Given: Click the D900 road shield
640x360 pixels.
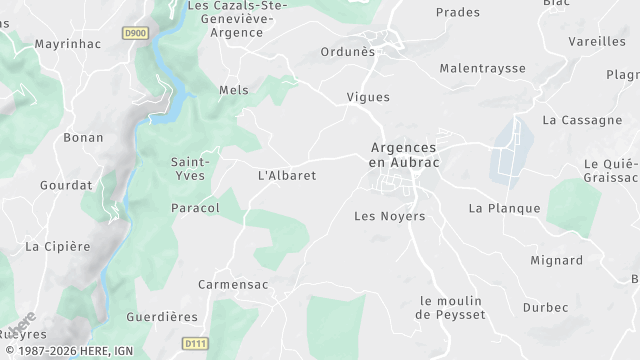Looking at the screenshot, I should coord(134,33).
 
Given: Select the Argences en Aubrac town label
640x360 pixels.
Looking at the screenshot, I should coord(404,154).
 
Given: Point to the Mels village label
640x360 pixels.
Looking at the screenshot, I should coord(233,90).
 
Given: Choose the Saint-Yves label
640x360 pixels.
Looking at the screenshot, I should coord(189,168).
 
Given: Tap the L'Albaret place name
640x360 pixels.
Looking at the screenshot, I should coord(287,175).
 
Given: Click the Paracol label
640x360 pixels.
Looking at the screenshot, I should coord(195,208).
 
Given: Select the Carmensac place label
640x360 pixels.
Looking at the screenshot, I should coord(232,284).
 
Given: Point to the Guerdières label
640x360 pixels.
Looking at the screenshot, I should coord(162,317).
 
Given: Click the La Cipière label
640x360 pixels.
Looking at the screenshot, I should coord(57,246).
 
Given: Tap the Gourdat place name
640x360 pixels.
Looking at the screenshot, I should coord(65,185).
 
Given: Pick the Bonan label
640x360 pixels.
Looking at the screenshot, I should coord(83,137).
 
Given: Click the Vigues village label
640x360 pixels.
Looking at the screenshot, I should coord(367,97).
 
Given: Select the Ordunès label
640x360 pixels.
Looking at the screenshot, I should coord(347,52).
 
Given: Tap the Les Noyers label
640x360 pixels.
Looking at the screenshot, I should coord(390,216).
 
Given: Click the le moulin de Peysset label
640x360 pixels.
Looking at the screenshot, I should coord(450,308).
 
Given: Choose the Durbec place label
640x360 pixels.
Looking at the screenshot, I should coord(544,308).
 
